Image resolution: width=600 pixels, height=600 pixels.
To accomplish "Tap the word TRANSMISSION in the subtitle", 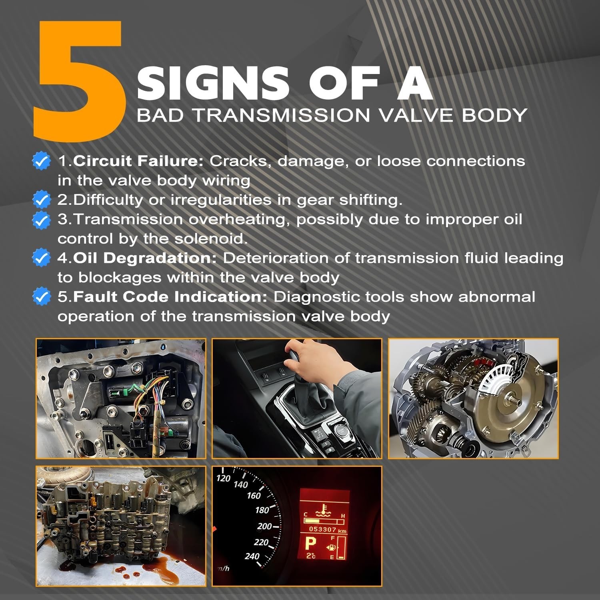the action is (282, 115).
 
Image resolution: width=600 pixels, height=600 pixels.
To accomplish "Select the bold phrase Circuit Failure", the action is (138, 161).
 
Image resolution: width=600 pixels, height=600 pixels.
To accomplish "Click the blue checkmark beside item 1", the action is (41, 161).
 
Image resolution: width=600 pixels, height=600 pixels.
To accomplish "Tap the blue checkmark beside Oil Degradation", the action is (41, 258).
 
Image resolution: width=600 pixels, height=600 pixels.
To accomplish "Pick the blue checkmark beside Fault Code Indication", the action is (41, 297).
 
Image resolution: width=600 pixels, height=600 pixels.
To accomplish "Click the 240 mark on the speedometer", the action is (252, 556).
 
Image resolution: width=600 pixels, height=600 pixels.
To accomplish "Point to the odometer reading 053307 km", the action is (328, 530).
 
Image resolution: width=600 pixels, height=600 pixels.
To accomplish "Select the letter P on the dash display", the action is (311, 544).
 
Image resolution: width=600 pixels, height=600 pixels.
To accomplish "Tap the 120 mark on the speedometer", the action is (223, 478).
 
